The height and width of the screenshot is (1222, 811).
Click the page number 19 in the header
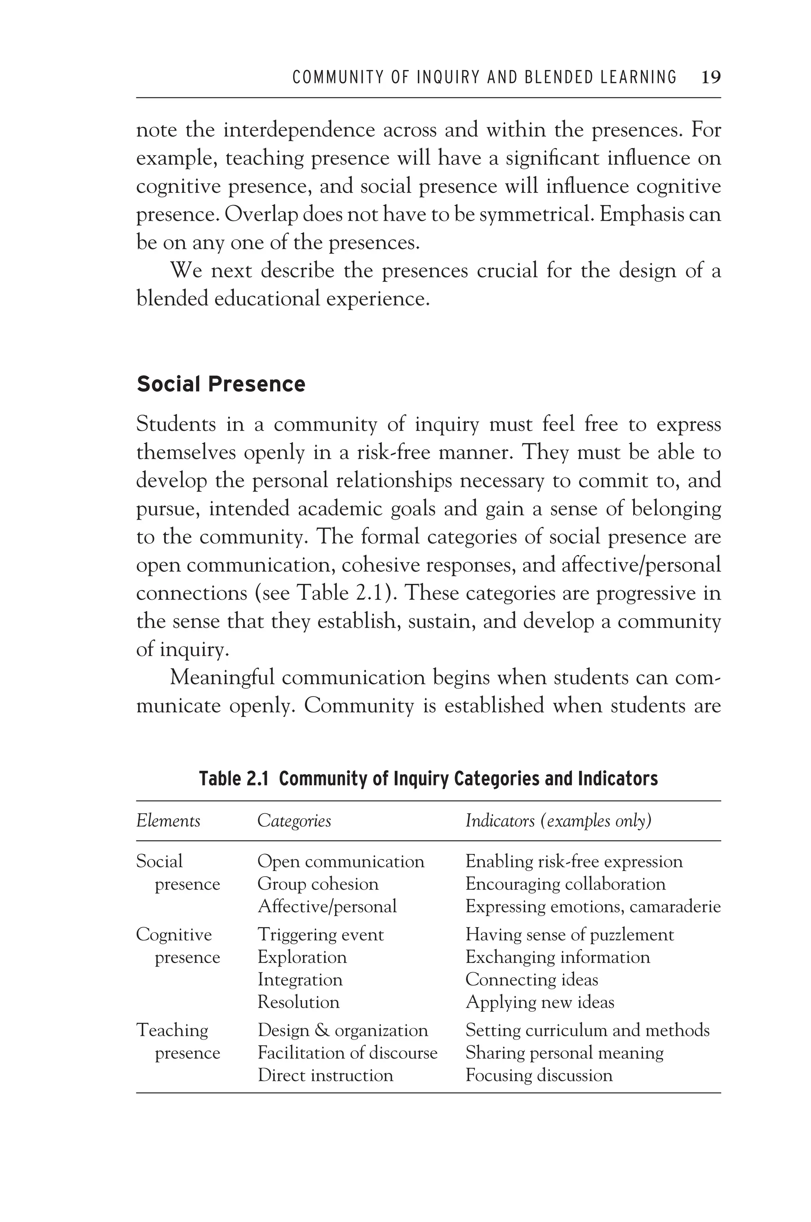click(711, 78)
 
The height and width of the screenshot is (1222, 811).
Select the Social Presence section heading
click(221, 384)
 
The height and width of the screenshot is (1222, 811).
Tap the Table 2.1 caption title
click(428, 779)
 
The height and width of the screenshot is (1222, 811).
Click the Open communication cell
click(341, 862)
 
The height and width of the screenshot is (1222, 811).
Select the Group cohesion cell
click(318, 884)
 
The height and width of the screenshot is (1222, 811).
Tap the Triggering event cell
click(321, 935)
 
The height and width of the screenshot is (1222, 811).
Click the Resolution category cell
click(299, 1002)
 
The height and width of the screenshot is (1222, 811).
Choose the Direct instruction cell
click(326, 1075)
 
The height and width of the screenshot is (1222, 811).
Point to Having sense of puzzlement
click(569, 935)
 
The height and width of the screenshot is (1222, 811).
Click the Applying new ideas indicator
click(539, 1002)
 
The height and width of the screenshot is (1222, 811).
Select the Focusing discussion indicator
click(539, 1075)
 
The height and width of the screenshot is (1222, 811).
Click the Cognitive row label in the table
click(174, 935)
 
